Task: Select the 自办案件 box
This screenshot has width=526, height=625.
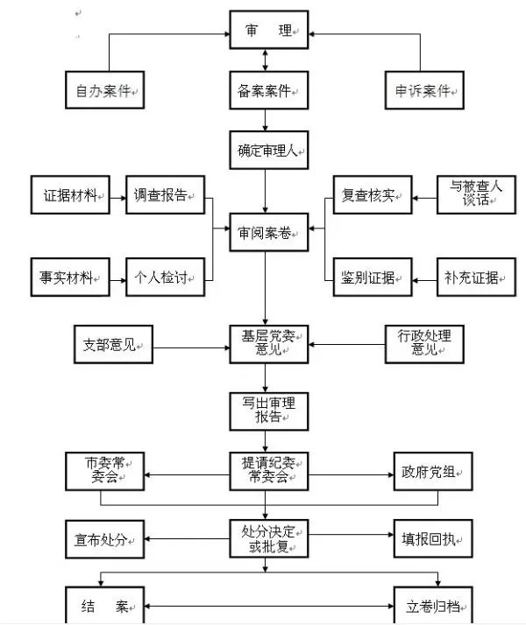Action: tap(104, 89)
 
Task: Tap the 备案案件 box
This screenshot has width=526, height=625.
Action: tap(266, 89)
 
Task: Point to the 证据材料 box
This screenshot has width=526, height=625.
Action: tap(70, 194)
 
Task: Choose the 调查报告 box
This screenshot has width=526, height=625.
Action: tap(165, 194)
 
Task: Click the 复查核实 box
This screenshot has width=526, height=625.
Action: tap(372, 194)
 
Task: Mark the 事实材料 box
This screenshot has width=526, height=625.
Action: tap(70, 277)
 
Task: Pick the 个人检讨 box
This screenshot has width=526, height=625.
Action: tap(165, 277)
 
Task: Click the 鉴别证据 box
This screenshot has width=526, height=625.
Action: tap(372, 277)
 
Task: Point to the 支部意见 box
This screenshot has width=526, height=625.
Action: tap(109, 344)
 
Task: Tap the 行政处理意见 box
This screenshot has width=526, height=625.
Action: tap(424, 344)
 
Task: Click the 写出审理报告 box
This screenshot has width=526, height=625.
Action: tap(266, 410)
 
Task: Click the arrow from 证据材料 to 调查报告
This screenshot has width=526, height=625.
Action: tap(117, 194)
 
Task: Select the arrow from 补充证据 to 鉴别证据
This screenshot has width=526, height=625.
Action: tap(424, 277)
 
